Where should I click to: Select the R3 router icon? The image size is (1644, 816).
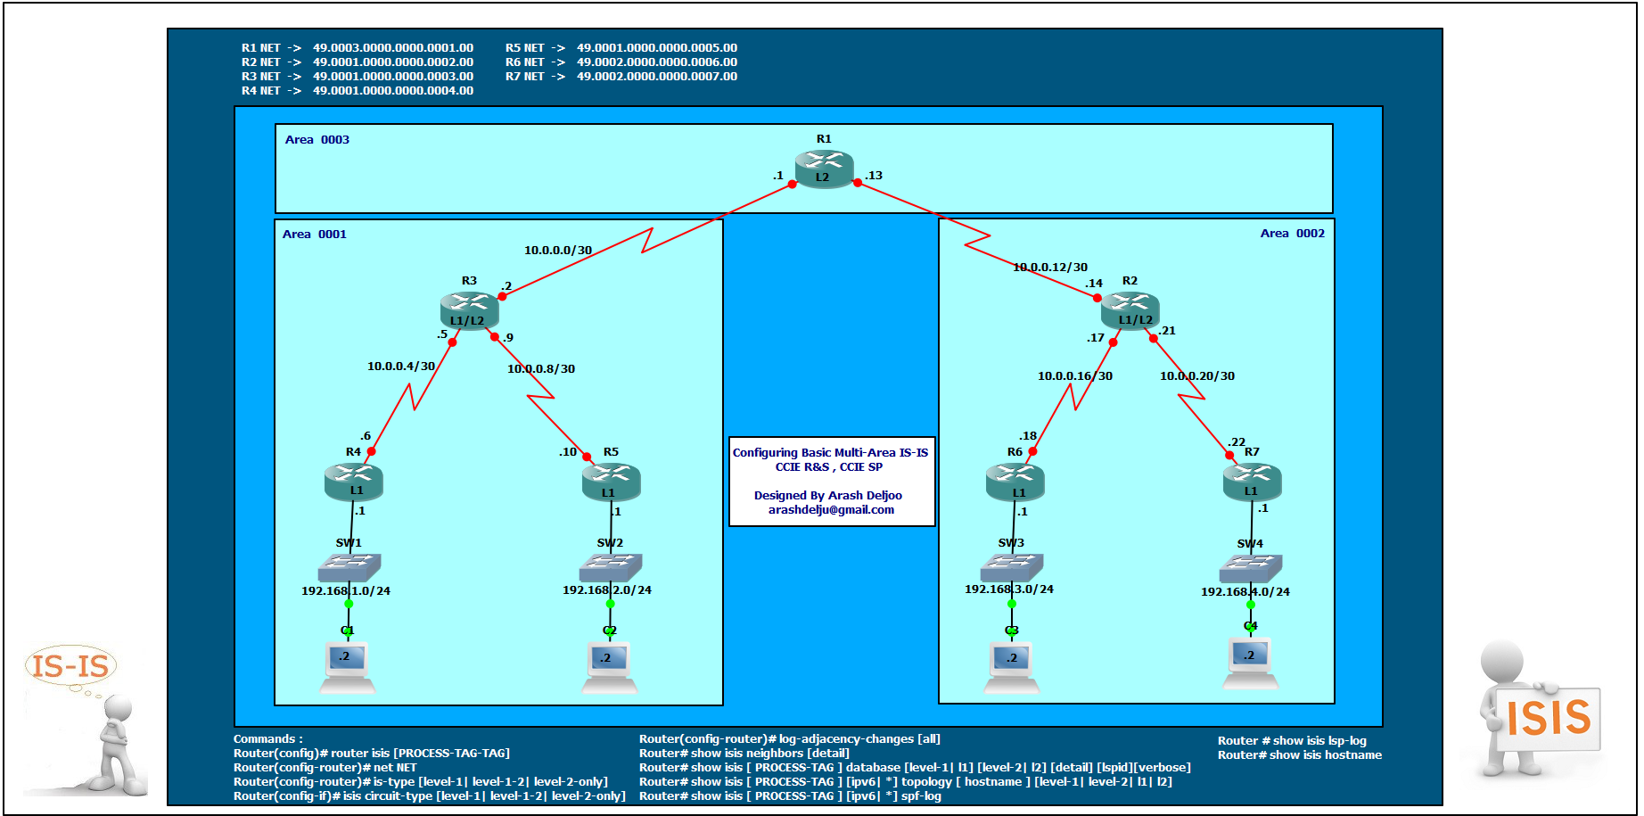pyautogui.click(x=469, y=310)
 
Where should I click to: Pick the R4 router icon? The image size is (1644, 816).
pyautogui.click(x=354, y=482)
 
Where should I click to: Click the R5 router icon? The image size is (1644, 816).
pyautogui.click(x=611, y=482)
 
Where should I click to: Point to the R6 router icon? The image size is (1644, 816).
pyautogui.click(x=1015, y=482)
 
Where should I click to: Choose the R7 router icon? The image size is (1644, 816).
pyautogui.click(x=1252, y=482)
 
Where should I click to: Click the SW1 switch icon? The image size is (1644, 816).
pyautogui.click(x=349, y=566)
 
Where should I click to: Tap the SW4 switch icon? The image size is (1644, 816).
pyautogui.click(x=1251, y=567)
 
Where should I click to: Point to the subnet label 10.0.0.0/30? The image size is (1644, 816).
pyautogui.click(x=558, y=251)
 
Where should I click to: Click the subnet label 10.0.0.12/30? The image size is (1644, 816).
pyautogui.click(x=1050, y=268)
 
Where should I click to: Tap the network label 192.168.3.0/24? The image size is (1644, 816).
pyautogui.click(x=1009, y=589)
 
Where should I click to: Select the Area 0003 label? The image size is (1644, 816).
pyautogui.click(x=317, y=140)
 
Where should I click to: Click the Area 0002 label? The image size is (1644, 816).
pyautogui.click(x=1292, y=234)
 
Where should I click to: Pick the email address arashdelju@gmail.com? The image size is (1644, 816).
pyautogui.click(x=831, y=510)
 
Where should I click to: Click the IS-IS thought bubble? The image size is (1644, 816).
pyautogui.click(x=70, y=665)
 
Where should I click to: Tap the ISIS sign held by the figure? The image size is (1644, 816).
pyautogui.click(x=1548, y=718)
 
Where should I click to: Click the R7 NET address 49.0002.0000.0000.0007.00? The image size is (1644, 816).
pyautogui.click(x=657, y=77)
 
